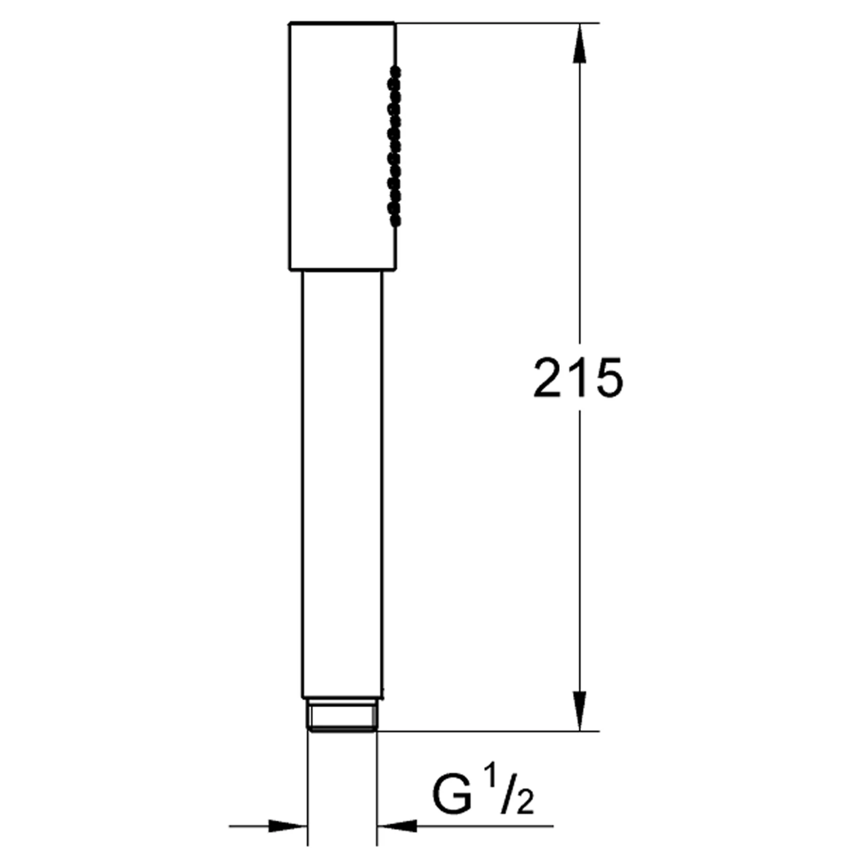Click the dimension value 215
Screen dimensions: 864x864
(x=578, y=378)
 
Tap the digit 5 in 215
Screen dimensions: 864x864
(x=608, y=378)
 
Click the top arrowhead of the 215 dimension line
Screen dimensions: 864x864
(x=579, y=43)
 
